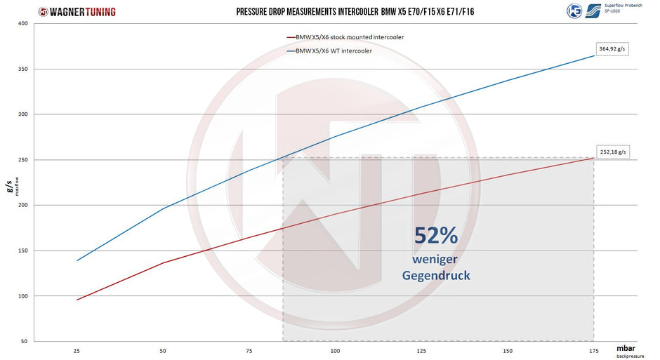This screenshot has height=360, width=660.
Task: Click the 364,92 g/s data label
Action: [x=612, y=49]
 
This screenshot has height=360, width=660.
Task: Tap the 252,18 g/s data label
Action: [x=613, y=152]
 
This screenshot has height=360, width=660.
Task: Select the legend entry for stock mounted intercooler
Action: [x=345, y=37]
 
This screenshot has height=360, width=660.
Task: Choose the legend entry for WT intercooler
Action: [x=329, y=51]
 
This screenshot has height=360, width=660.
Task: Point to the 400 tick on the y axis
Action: [x=22, y=24]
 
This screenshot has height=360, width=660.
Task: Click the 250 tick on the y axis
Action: [x=22, y=160]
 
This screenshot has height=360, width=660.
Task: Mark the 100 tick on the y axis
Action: [x=22, y=296]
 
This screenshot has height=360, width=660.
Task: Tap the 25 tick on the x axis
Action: [x=77, y=351]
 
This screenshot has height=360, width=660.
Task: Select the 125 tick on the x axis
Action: [x=421, y=351]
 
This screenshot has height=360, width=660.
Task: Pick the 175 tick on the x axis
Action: [x=594, y=351]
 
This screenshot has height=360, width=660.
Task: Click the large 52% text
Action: [x=435, y=236]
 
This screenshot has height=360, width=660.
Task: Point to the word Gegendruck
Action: [x=436, y=276]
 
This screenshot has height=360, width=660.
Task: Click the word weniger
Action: [x=435, y=259]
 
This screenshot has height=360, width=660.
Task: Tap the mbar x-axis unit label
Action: [x=626, y=348]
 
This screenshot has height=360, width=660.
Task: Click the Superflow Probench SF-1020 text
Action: [x=623, y=8]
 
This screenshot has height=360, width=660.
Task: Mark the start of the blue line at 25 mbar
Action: [x=77, y=260]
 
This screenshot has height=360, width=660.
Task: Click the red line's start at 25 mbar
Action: [x=77, y=300]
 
